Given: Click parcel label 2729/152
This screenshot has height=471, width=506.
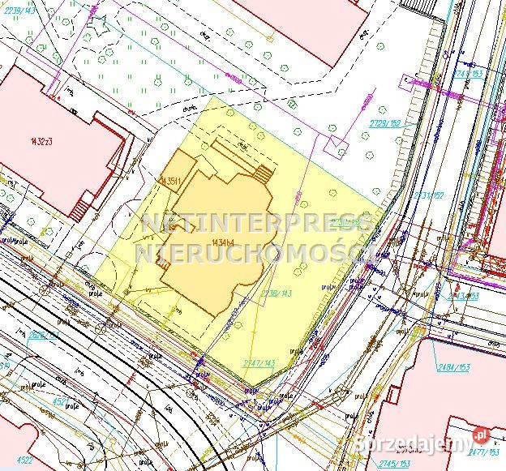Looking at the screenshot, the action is click(x=385, y=122).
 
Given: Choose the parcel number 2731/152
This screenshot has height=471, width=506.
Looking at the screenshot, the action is click(x=429, y=195).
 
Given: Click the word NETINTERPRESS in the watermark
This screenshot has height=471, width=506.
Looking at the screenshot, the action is click(x=255, y=223).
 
